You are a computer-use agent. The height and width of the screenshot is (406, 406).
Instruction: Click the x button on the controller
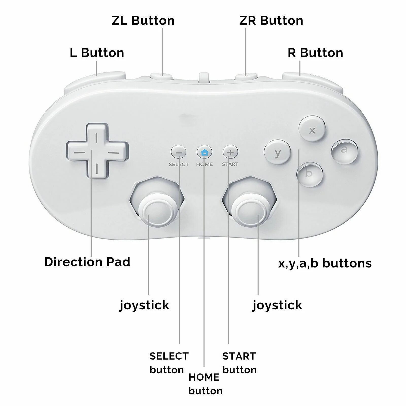[x=312, y=129]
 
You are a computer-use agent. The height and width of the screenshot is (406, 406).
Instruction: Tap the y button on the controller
[x=277, y=152]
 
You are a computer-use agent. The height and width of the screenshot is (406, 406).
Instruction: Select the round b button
[x=310, y=174]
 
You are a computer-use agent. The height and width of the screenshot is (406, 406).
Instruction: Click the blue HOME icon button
[x=204, y=152]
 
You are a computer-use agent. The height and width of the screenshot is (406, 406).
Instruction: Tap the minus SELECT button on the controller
[x=179, y=153]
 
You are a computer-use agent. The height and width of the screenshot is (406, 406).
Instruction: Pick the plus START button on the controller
[x=230, y=153]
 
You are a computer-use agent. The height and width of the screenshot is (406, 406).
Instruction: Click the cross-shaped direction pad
[x=97, y=151]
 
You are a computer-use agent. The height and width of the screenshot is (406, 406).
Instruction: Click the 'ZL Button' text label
[x=143, y=21]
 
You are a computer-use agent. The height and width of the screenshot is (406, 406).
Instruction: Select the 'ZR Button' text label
[x=271, y=21]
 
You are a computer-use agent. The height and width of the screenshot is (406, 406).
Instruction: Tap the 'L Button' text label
[x=97, y=53]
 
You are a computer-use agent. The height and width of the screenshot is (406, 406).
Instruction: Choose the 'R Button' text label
[x=315, y=53]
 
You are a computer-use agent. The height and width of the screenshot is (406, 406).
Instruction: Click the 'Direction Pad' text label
[x=87, y=262]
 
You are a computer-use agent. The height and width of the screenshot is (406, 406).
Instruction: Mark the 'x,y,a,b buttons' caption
[x=325, y=263]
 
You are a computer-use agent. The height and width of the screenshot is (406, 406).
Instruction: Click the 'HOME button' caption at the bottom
[x=205, y=384]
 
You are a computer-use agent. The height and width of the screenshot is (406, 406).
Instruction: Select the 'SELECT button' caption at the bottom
[x=169, y=363]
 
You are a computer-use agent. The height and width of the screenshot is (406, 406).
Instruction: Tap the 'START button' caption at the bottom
[x=239, y=363]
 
